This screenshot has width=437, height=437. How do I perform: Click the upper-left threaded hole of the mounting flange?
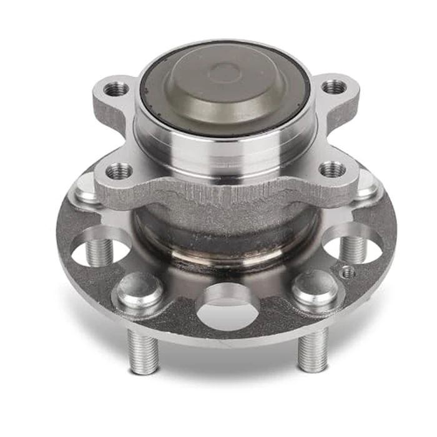116,89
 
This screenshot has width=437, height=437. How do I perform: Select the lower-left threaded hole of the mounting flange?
119,170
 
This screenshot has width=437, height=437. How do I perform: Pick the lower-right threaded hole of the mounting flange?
333,169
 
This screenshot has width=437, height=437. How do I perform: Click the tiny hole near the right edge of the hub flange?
348,272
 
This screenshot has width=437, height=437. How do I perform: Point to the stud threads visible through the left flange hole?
97,252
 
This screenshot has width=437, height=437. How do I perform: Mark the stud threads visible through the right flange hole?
354,248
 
